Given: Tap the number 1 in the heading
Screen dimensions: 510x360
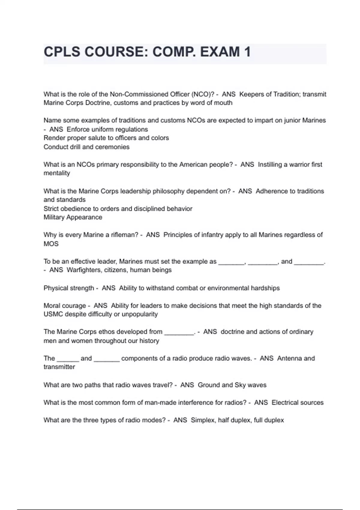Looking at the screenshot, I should pyautogui.click(x=247, y=52).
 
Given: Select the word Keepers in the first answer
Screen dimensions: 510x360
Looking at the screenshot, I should pyautogui.click(x=251, y=94).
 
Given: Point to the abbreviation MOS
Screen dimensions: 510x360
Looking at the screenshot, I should pyautogui.click(x=51, y=244).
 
